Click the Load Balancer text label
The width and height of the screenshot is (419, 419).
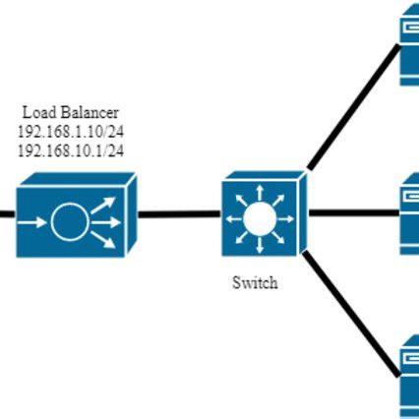(x=70, y=113)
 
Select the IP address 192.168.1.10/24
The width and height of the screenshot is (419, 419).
(x=70, y=132)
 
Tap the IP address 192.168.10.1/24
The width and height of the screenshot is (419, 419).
(x=70, y=150)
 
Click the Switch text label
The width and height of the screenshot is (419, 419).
(x=255, y=282)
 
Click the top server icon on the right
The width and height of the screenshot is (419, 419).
(x=409, y=44)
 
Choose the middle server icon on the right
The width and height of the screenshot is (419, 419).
(x=409, y=213)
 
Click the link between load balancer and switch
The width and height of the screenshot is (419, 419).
(x=179, y=212)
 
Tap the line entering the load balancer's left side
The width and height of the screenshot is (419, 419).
(x=6, y=212)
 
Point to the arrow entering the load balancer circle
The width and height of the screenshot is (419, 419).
(x=34, y=223)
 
